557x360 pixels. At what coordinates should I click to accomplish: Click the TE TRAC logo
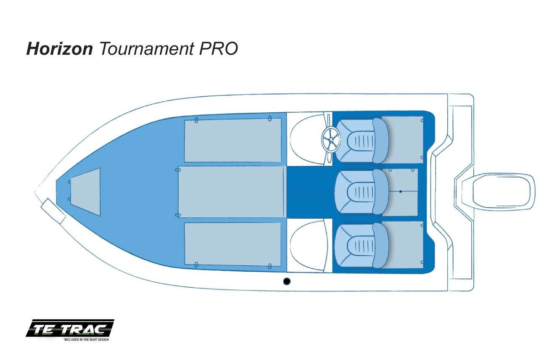click(x=70, y=328)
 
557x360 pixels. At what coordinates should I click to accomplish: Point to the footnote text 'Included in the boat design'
click(x=86, y=339)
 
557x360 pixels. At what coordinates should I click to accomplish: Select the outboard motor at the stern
click(x=495, y=192)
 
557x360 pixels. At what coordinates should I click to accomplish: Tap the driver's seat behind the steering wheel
click(x=362, y=140)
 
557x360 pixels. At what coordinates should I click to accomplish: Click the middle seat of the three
click(x=362, y=192)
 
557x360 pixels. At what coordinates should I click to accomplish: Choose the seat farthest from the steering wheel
click(x=362, y=245)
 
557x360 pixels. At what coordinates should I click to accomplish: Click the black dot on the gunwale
click(x=287, y=281)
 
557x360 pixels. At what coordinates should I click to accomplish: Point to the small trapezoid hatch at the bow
click(x=85, y=192)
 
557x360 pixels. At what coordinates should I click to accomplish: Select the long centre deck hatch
click(x=231, y=192)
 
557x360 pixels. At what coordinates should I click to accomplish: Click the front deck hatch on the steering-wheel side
click(x=233, y=140)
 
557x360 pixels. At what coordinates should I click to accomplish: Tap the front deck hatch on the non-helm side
click(x=233, y=244)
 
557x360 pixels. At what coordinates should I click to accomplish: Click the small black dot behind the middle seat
click(x=400, y=192)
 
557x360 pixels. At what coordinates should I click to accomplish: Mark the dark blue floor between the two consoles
click(x=309, y=192)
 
